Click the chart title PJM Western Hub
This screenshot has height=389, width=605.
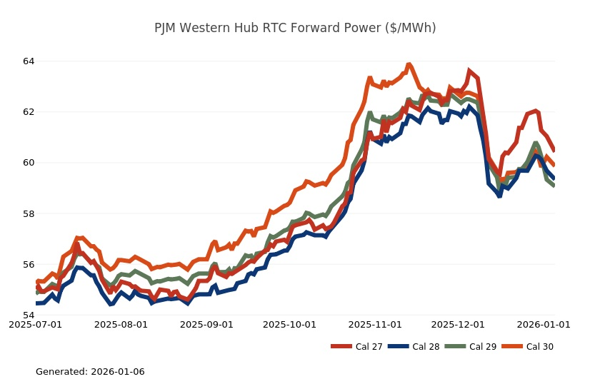(x=295, y=28)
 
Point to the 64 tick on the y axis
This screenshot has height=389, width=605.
(x=29, y=61)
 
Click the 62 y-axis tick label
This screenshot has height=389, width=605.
(x=29, y=112)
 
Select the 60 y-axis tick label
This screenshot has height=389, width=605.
(x=29, y=163)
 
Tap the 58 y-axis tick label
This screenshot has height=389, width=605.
(x=29, y=213)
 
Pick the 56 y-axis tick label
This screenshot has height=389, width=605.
(x=29, y=265)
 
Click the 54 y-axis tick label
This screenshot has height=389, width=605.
(x=29, y=315)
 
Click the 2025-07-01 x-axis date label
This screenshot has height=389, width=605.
(x=36, y=325)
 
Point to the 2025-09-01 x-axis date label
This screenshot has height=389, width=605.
(x=207, y=325)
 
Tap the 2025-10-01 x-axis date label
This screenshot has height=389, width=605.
(x=290, y=325)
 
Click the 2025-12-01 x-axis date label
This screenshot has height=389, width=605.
(x=459, y=325)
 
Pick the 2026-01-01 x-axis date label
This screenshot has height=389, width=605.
(x=544, y=325)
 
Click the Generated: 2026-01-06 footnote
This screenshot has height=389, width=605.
(x=90, y=372)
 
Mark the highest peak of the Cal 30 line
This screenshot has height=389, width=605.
(x=409, y=64)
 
